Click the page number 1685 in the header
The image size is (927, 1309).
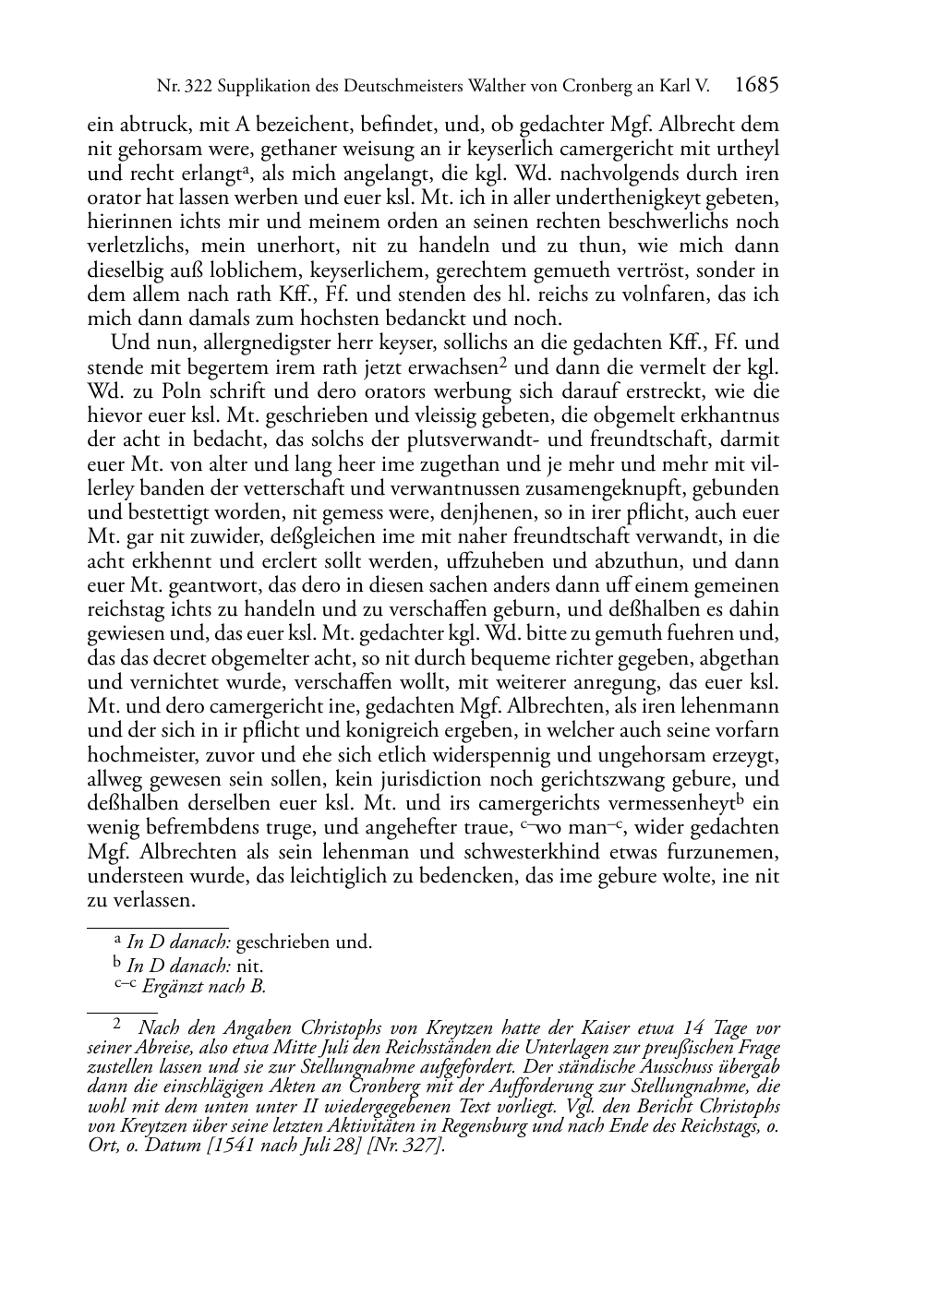(x=757, y=86)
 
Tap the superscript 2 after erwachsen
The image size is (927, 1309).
(x=504, y=362)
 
